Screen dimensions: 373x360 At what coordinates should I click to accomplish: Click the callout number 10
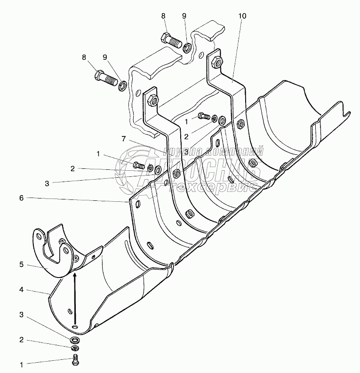(242, 16)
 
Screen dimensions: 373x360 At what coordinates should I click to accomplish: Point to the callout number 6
(21, 198)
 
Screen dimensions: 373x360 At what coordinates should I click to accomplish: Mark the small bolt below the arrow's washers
(75, 361)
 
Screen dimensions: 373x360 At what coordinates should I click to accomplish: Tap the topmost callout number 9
(184, 16)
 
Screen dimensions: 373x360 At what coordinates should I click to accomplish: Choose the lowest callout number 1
(21, 363)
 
